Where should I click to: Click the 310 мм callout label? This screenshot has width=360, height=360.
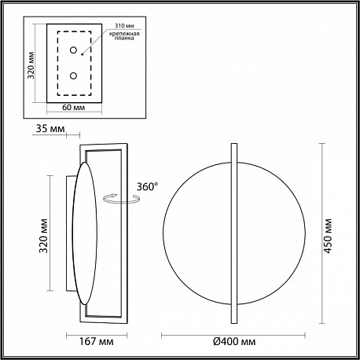coord(124,26)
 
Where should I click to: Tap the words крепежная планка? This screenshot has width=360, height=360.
coord(124,36)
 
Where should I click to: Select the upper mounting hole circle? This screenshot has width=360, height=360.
coord(73,50)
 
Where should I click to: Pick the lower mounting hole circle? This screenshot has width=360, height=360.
coord(73,75)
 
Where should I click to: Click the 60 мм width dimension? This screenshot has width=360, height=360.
coord(74,108)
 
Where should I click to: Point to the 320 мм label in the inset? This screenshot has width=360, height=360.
coord(31,65)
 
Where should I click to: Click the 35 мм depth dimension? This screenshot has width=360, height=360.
coord(50,129)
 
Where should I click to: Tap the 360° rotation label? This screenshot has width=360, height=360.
coord(148,187)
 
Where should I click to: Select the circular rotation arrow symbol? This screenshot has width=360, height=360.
coord(121,198)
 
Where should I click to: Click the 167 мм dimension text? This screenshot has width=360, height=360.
coord(97,341)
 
